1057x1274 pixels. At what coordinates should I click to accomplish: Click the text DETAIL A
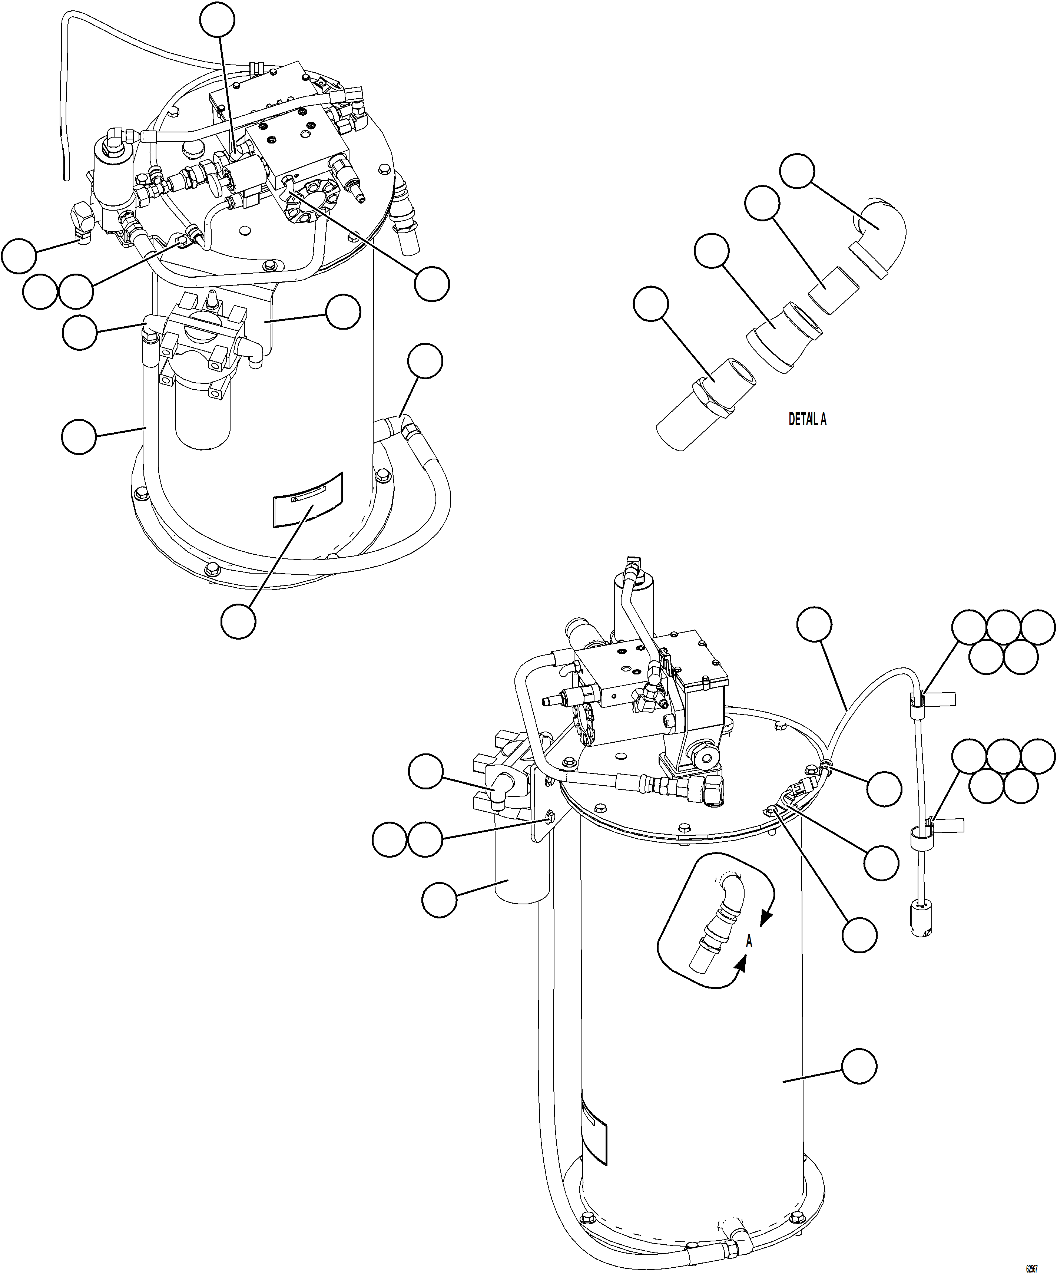point(807,419)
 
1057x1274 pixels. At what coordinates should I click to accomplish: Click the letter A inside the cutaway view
point(749,941)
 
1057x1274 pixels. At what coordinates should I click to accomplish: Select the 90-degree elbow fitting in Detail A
point(879,234)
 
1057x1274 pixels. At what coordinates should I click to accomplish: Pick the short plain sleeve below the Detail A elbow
point(834,290)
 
